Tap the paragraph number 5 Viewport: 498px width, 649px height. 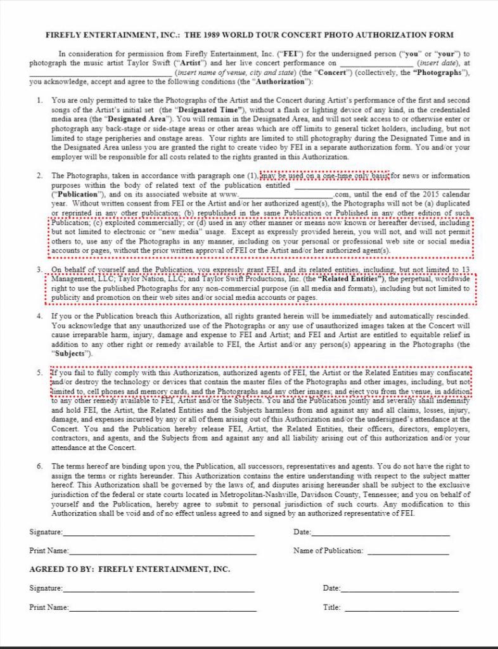click(39, 373)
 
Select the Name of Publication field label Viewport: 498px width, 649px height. click(328, 551)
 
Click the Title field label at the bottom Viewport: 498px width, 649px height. click(331, 607)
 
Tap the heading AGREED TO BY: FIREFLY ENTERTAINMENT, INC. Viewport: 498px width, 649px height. click(130, 569)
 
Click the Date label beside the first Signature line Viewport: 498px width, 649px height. click(302, 532)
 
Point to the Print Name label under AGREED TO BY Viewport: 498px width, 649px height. click(49, 607)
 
